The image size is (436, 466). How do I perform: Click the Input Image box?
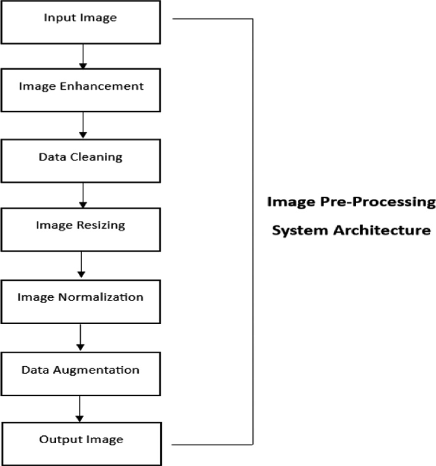coord(80,22)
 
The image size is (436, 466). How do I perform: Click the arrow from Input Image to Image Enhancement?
coord(82,56)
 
